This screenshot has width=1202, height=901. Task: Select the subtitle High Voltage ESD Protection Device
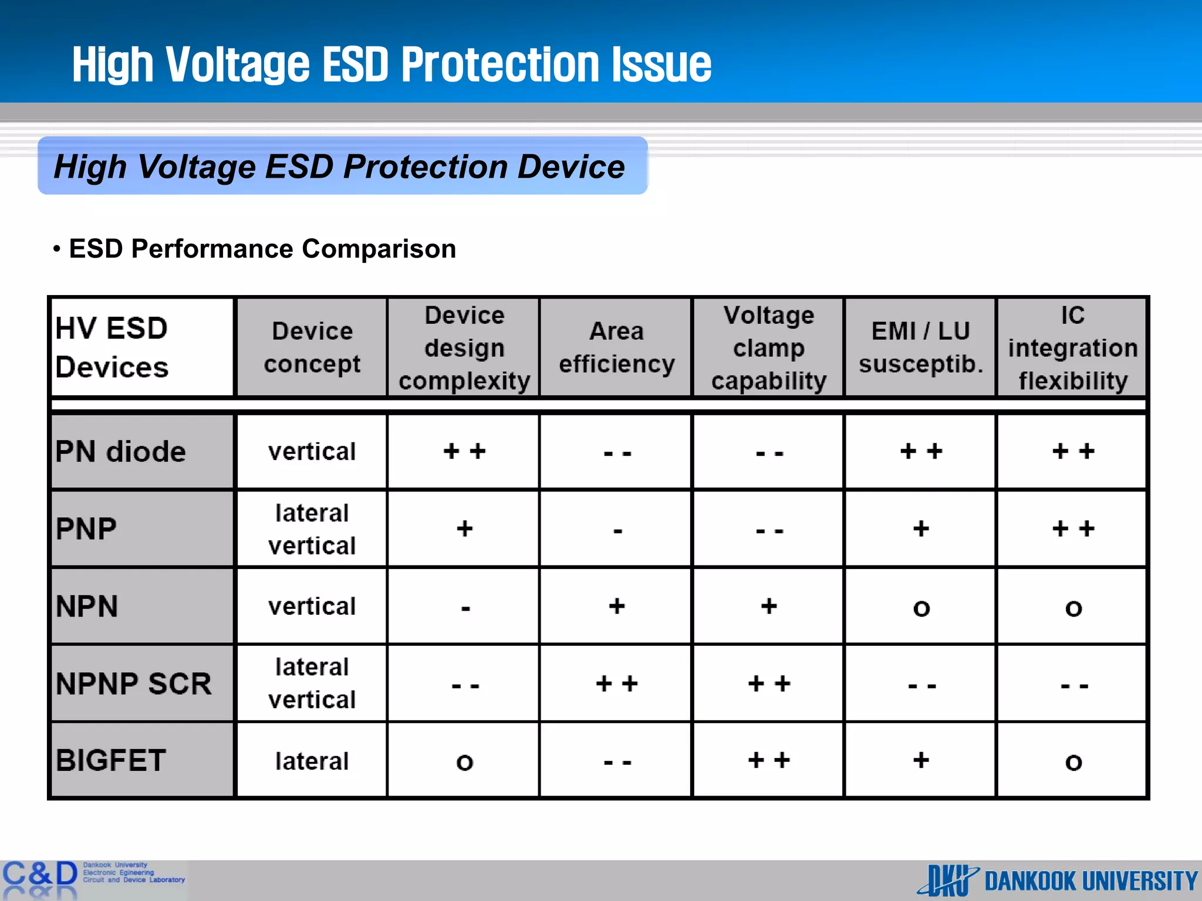[339, 167]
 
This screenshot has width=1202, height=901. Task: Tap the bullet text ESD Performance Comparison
[262, 249]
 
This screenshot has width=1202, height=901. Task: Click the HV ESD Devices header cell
[141, 347]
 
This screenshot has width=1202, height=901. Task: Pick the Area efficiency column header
[616, 347]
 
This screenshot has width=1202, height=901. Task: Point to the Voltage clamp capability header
[768, 347]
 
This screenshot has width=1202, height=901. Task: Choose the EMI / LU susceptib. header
[920, 347]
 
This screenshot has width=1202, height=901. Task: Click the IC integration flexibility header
[1072, 347]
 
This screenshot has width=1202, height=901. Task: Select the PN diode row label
[141, 452]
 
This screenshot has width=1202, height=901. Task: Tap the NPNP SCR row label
[141, 683]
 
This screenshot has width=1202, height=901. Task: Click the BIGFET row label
[141, 761]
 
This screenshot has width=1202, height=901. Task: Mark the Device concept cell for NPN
[312, 606]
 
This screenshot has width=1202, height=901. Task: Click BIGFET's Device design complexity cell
[464, 761]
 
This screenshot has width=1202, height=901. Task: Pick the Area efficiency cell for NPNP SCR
[616, 683]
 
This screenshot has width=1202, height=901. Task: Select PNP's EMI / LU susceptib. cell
[920, 529]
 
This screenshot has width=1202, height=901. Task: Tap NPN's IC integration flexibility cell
[1072, 606]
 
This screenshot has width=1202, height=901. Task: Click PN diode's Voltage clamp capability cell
[768, 452]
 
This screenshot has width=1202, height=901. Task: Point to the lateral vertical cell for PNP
[312, 529]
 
